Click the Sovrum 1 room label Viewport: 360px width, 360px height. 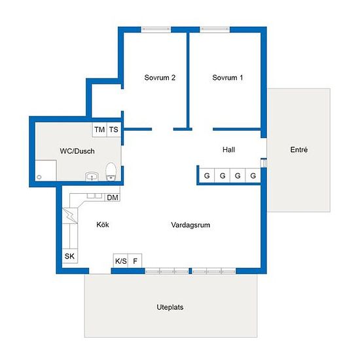(x=227, y=78)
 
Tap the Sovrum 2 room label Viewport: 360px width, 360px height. (x=160, y=78)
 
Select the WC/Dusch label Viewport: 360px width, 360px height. (x=77, y=151)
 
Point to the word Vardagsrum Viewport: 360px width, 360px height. (x=190, y=225)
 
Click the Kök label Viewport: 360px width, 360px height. (x=103, y=225)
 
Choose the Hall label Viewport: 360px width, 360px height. (x=228, y=150)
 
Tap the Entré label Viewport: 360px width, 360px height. (x=299, y=150)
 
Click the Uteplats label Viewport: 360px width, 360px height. (x=170, y=307)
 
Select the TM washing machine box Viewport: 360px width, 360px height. (x=99, y=130)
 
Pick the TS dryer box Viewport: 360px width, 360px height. (x=114, y=130)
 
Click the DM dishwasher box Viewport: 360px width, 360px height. (x=113, y=198)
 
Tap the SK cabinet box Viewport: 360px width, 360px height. (x=70, y=256)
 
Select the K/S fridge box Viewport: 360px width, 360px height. (x=120, y=261)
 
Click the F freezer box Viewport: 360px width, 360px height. (x=135, y=261)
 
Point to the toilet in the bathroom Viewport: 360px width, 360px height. (x=111, y=171)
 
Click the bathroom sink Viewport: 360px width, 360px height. (x=92, y=177)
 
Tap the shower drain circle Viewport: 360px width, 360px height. (x=39, y=177)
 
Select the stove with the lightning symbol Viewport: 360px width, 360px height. (x=70, y=215)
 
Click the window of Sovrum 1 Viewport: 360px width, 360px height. (x=215, y=29)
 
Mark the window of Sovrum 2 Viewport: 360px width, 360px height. (x=156, y=29)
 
